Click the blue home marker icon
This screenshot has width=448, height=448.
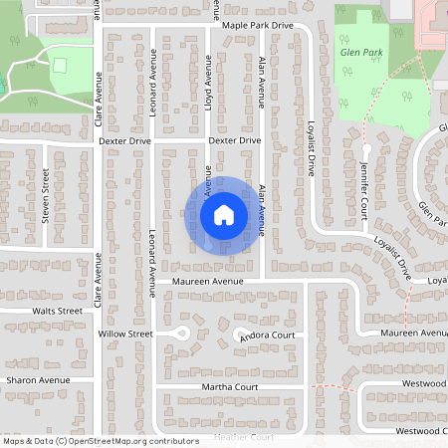pyautogui.click(x=224, y=214)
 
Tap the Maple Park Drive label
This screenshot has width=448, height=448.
pyautogui.click(x=258, y=25)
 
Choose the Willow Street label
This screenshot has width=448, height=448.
pyautogui.click(x=125, y=334)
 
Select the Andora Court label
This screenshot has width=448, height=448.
pyautogui.click(x=268, y=336)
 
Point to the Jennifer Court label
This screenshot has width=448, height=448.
pyautogui.click(x=365, y=189)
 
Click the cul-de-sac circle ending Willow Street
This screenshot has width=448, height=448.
pyautogui.click(x=181, y=334)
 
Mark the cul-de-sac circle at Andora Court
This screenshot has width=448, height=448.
pyautogui.click(x=240, y=336)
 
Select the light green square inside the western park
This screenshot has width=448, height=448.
pyautogui.click(x=60, y=65)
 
